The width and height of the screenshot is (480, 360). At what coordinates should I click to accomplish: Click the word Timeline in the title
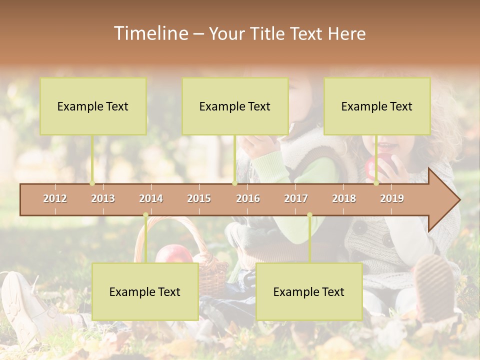click(150, 33)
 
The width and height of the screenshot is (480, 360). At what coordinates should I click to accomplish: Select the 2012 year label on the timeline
click(55, 198)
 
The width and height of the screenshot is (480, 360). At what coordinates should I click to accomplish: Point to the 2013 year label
click(103, 198)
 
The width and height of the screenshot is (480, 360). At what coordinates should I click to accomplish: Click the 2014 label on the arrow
click(151, 198)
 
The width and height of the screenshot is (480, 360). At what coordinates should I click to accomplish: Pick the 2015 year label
click(199, 198)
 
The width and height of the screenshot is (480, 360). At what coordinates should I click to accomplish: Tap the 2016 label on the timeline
click(248, 198)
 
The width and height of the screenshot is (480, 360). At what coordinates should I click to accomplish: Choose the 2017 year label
click(296, 198)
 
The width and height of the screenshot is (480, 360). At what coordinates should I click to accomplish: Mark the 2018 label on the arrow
click(344, 198)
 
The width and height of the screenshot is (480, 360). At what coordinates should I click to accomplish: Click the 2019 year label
click(392, 198)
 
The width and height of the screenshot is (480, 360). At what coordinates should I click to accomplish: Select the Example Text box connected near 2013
click(93, 106)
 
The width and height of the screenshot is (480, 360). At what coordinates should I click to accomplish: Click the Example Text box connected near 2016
click(235, 106)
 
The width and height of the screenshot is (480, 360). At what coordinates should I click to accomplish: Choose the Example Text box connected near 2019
click(377, 106)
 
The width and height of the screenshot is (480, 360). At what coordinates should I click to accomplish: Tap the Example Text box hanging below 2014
click(145, 291)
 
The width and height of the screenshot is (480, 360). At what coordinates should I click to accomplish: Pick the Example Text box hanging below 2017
click(309, 291)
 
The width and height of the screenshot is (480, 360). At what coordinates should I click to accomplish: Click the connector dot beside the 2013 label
click(92, 183)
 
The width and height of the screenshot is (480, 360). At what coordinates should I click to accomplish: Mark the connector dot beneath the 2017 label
click(309, 215)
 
